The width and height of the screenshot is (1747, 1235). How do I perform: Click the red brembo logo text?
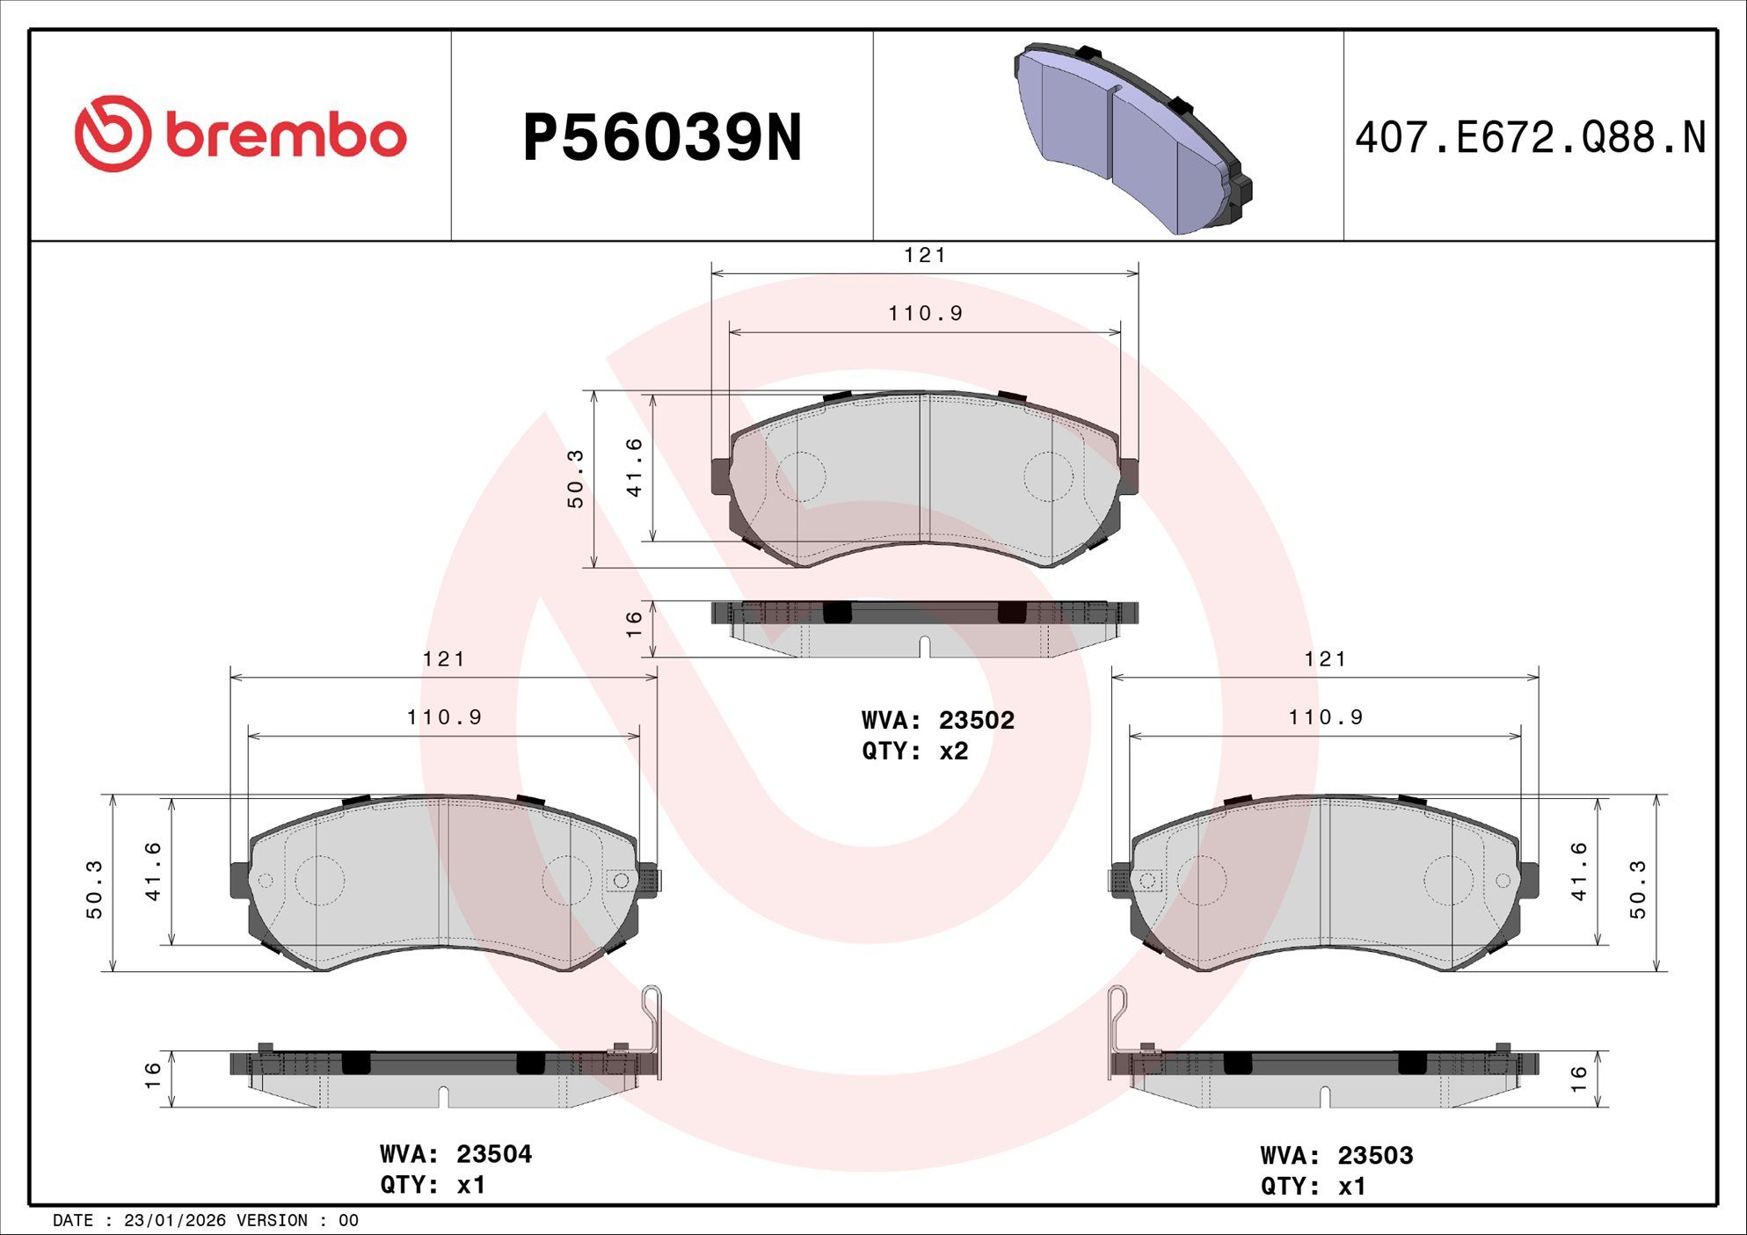[286, 135]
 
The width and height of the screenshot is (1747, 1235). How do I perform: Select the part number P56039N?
[662, 138]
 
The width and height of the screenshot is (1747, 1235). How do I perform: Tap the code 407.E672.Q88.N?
[1530, 138]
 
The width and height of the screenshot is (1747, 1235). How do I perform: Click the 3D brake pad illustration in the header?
[1133, 138]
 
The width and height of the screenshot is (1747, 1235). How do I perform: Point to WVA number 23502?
[976, 720]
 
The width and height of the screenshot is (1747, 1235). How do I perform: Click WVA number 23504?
[494, 1153]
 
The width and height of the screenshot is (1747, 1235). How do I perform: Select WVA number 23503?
[1375, 1155]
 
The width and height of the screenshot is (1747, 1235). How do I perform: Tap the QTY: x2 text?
[914, 751]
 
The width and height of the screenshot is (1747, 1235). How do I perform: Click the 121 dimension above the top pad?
[925, 255]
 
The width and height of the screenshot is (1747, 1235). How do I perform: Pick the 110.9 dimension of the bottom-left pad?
[444, 717]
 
